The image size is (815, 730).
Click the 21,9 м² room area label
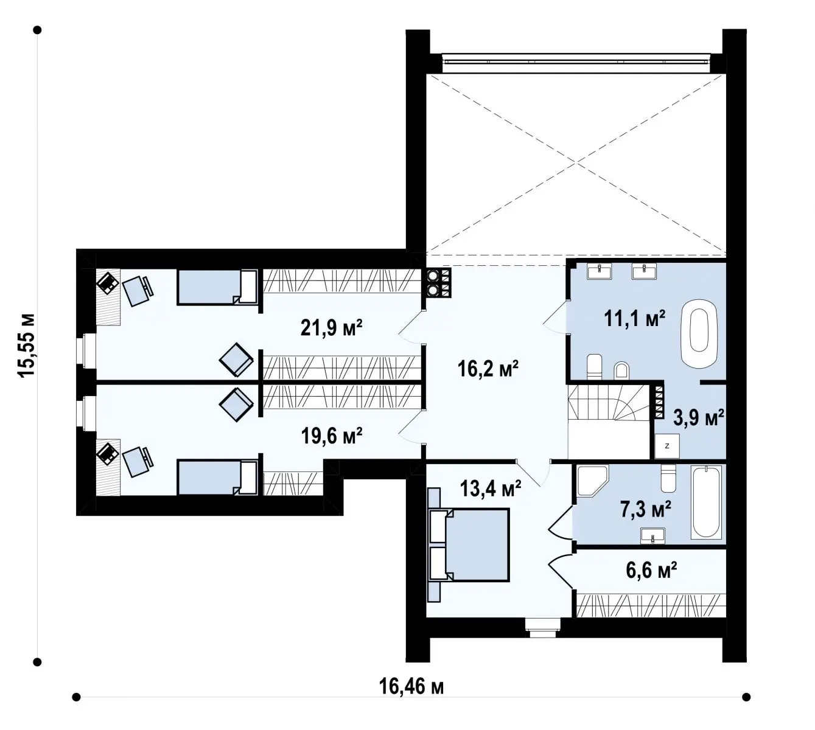coord(331,328)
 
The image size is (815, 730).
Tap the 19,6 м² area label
coord(332,436)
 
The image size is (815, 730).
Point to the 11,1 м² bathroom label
coord(634,318)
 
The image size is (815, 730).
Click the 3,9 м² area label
coord(699,417)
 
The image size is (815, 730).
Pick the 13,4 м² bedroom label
coord(491,488)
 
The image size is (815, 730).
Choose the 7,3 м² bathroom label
coord(645,509)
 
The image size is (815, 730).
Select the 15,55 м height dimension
coord(26,345)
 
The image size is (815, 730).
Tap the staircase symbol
coord(608,402)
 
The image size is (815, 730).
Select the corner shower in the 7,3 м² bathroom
coord(592,481)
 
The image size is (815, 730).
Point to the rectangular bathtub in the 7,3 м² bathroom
coord(707,502)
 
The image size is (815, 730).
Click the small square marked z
coord(667,446)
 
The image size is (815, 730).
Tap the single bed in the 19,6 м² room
coord(218,478)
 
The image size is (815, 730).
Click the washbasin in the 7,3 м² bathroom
coord(652,536)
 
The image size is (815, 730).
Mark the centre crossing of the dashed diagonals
coord(576,164)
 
